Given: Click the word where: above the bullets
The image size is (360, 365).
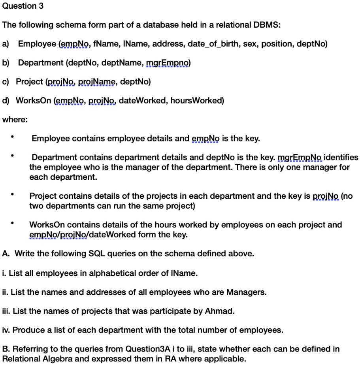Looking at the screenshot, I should [15, 119].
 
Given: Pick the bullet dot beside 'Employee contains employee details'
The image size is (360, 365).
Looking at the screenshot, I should [13, 138].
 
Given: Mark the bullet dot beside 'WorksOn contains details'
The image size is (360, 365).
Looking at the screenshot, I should [13, 224].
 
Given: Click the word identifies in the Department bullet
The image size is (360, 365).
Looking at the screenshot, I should [341, 157].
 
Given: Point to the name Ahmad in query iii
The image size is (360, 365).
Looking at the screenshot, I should [223, 311].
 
